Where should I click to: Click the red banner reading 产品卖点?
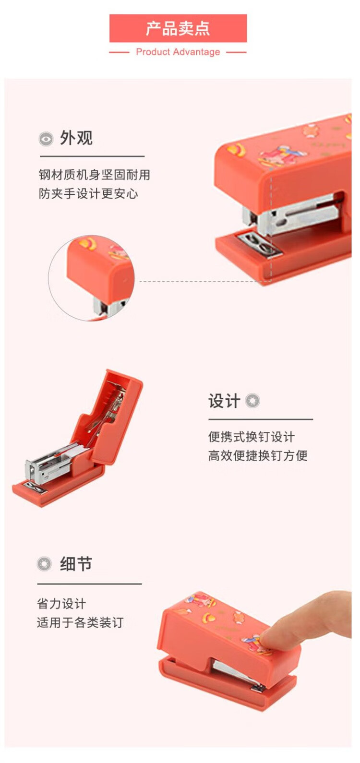[178, 28]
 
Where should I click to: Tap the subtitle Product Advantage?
[178, 52]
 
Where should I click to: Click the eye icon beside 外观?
[46, 139]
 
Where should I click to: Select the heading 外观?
[76, 138]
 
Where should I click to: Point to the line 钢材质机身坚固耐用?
[95, 175]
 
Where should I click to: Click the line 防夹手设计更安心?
[88, 193]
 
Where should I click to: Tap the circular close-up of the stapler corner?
[91, 278]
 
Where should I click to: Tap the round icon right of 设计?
[252, 401]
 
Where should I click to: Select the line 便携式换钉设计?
[252, 437]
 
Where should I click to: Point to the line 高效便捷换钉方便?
[258, 455]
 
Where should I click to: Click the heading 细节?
[76, 564]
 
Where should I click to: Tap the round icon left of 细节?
[44, 564]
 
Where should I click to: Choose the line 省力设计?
[61, 604]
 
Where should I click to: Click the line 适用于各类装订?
[80, 623]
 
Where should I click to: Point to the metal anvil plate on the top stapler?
[260, 244]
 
